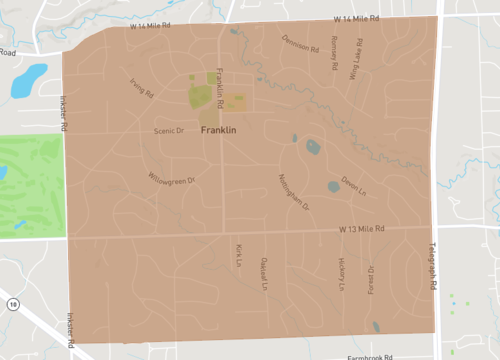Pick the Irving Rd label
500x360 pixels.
click(142, 88)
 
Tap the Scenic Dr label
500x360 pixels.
click(169, 131)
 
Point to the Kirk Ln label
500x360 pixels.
click(239, 255)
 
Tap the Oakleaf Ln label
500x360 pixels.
click(265, 270)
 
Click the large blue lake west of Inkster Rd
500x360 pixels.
click(28, 80)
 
